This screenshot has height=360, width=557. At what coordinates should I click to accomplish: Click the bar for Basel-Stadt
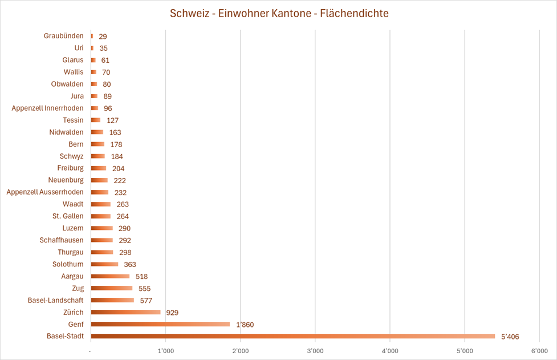pyautogui.click(x=292, y=336)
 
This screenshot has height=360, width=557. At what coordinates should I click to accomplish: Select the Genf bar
pyautogui.click(x=160, y=324)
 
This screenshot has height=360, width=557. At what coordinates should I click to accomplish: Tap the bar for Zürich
pyautogui.click(x=125, y=312)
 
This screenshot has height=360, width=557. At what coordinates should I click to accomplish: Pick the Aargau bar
pyautogui.click(x=110, y=276)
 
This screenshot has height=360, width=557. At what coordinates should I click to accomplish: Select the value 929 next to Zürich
pyautogui.click(x=173, y=313)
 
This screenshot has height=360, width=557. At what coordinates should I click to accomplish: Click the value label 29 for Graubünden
pyautogui.click(x=103, y=37)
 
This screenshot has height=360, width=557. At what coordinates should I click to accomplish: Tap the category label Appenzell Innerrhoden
pyautogui.click(x=47, y=108)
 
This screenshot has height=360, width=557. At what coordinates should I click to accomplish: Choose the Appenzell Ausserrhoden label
pyautogui.click(x=45, y=192)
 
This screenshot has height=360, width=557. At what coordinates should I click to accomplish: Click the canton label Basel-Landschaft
pyautogui.click(x=55, y=300)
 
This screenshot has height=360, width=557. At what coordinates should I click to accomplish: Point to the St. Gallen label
pyautogui.click(x=68, y=216)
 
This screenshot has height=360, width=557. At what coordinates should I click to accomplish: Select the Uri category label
pyautogui.click(x=79, y=48)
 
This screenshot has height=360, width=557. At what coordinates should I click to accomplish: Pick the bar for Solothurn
pyautogui.click(x=104, y=264)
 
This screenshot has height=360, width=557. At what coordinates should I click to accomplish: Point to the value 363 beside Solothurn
pyautogui.click(x=130, y=265)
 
